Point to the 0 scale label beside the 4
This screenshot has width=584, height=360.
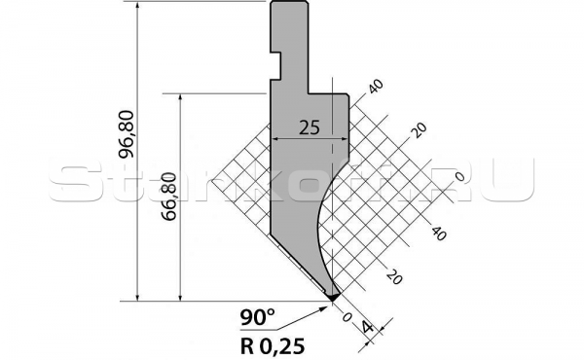pos(346,317)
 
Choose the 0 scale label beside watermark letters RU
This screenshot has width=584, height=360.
pos(457,177)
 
